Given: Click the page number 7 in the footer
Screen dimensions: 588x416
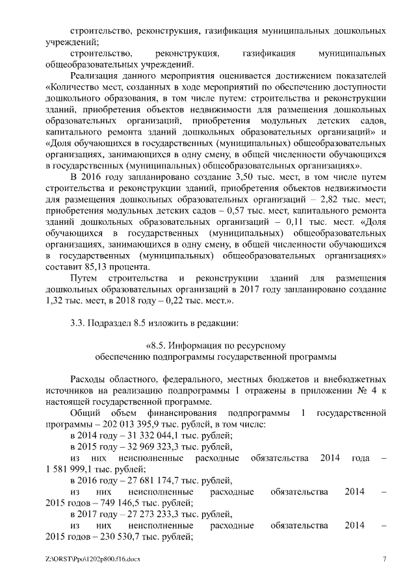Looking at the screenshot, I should (x=384, y=559).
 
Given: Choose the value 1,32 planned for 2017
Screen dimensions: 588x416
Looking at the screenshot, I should (x=55, y=302).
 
